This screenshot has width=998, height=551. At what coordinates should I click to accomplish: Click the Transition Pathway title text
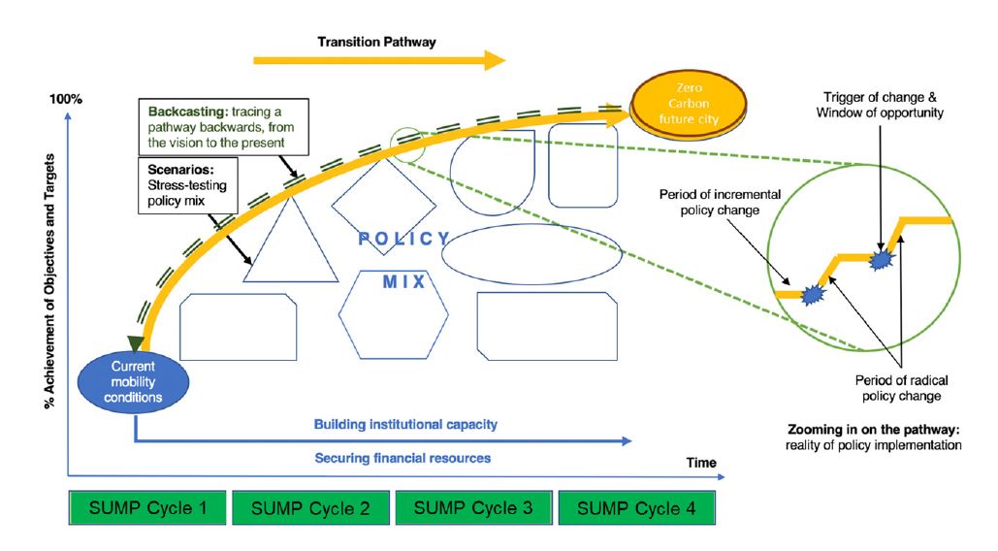click(377, 43)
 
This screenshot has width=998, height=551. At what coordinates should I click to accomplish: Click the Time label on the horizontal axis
click(701, 463)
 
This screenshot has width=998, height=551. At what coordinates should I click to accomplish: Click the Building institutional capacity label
click(406, 425)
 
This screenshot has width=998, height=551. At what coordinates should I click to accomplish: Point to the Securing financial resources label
click(402, 457)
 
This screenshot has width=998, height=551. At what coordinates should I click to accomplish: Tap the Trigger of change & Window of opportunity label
click(879, 105)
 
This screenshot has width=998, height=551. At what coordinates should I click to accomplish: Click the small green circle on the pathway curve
click(407, 145)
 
